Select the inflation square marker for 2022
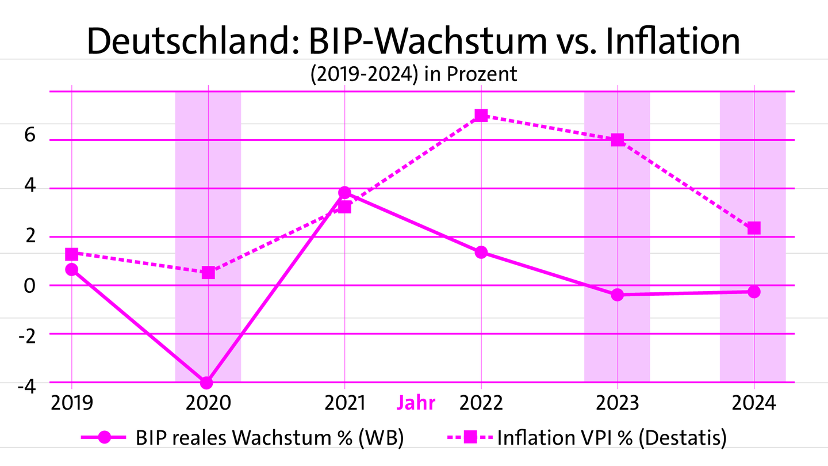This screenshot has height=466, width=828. [481, 116]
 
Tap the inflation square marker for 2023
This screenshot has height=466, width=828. [618, 140]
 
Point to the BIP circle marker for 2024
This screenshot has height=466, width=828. [754, 292]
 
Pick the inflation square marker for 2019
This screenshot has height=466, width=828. [71, 254]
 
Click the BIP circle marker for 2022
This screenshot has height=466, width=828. [481, 252]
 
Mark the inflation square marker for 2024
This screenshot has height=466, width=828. [754, 228]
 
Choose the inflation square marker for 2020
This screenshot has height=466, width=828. [208, 272]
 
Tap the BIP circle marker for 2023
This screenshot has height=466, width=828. [618, 295]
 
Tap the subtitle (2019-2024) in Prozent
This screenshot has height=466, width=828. [413, 75]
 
